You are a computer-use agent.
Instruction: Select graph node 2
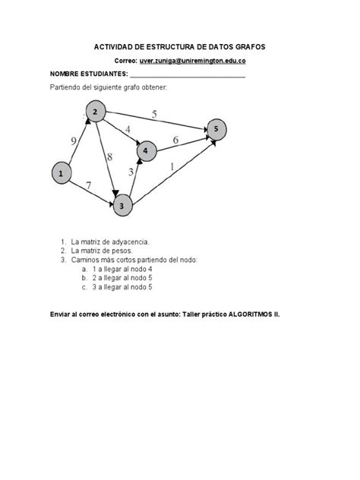click(96, 113)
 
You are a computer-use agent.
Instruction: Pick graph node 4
click(147, 150)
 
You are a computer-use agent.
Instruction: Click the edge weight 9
click(74, 141)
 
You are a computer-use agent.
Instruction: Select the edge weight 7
click(90, 185)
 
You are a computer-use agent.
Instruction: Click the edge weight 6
click(175, 141)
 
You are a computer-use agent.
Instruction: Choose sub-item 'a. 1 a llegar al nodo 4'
click(122, 269)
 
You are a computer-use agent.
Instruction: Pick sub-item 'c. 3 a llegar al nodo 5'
click(122, 288)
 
